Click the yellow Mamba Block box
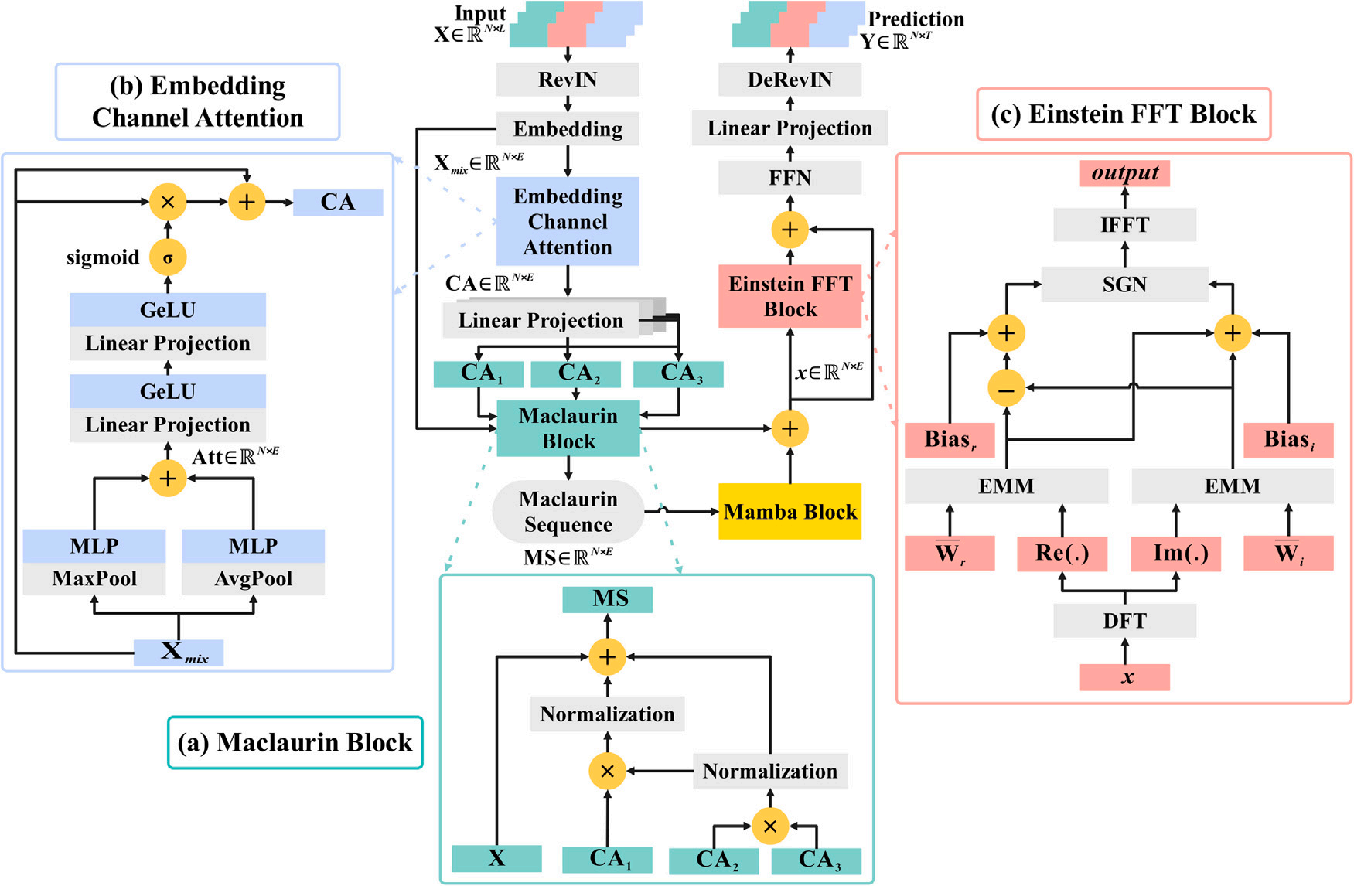(790, 511)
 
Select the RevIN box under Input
(568, 80)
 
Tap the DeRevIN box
(790, 80)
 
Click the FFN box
(790, 178)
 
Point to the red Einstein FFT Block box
(790, 296)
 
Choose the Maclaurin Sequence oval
(568, 512)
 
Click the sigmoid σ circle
(168, 257)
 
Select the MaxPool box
(94, 578)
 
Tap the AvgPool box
(253, 578)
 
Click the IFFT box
(1124, 225)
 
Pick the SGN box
(1124, 285)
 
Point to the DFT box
(1124, 621)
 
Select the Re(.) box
(1062, 554)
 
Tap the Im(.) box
(1175, 554)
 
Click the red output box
(1124, 173)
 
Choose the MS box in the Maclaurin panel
(608, 599)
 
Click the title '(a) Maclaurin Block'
(295, 742)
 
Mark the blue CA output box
(338, 203)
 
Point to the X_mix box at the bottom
(179, 653)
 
